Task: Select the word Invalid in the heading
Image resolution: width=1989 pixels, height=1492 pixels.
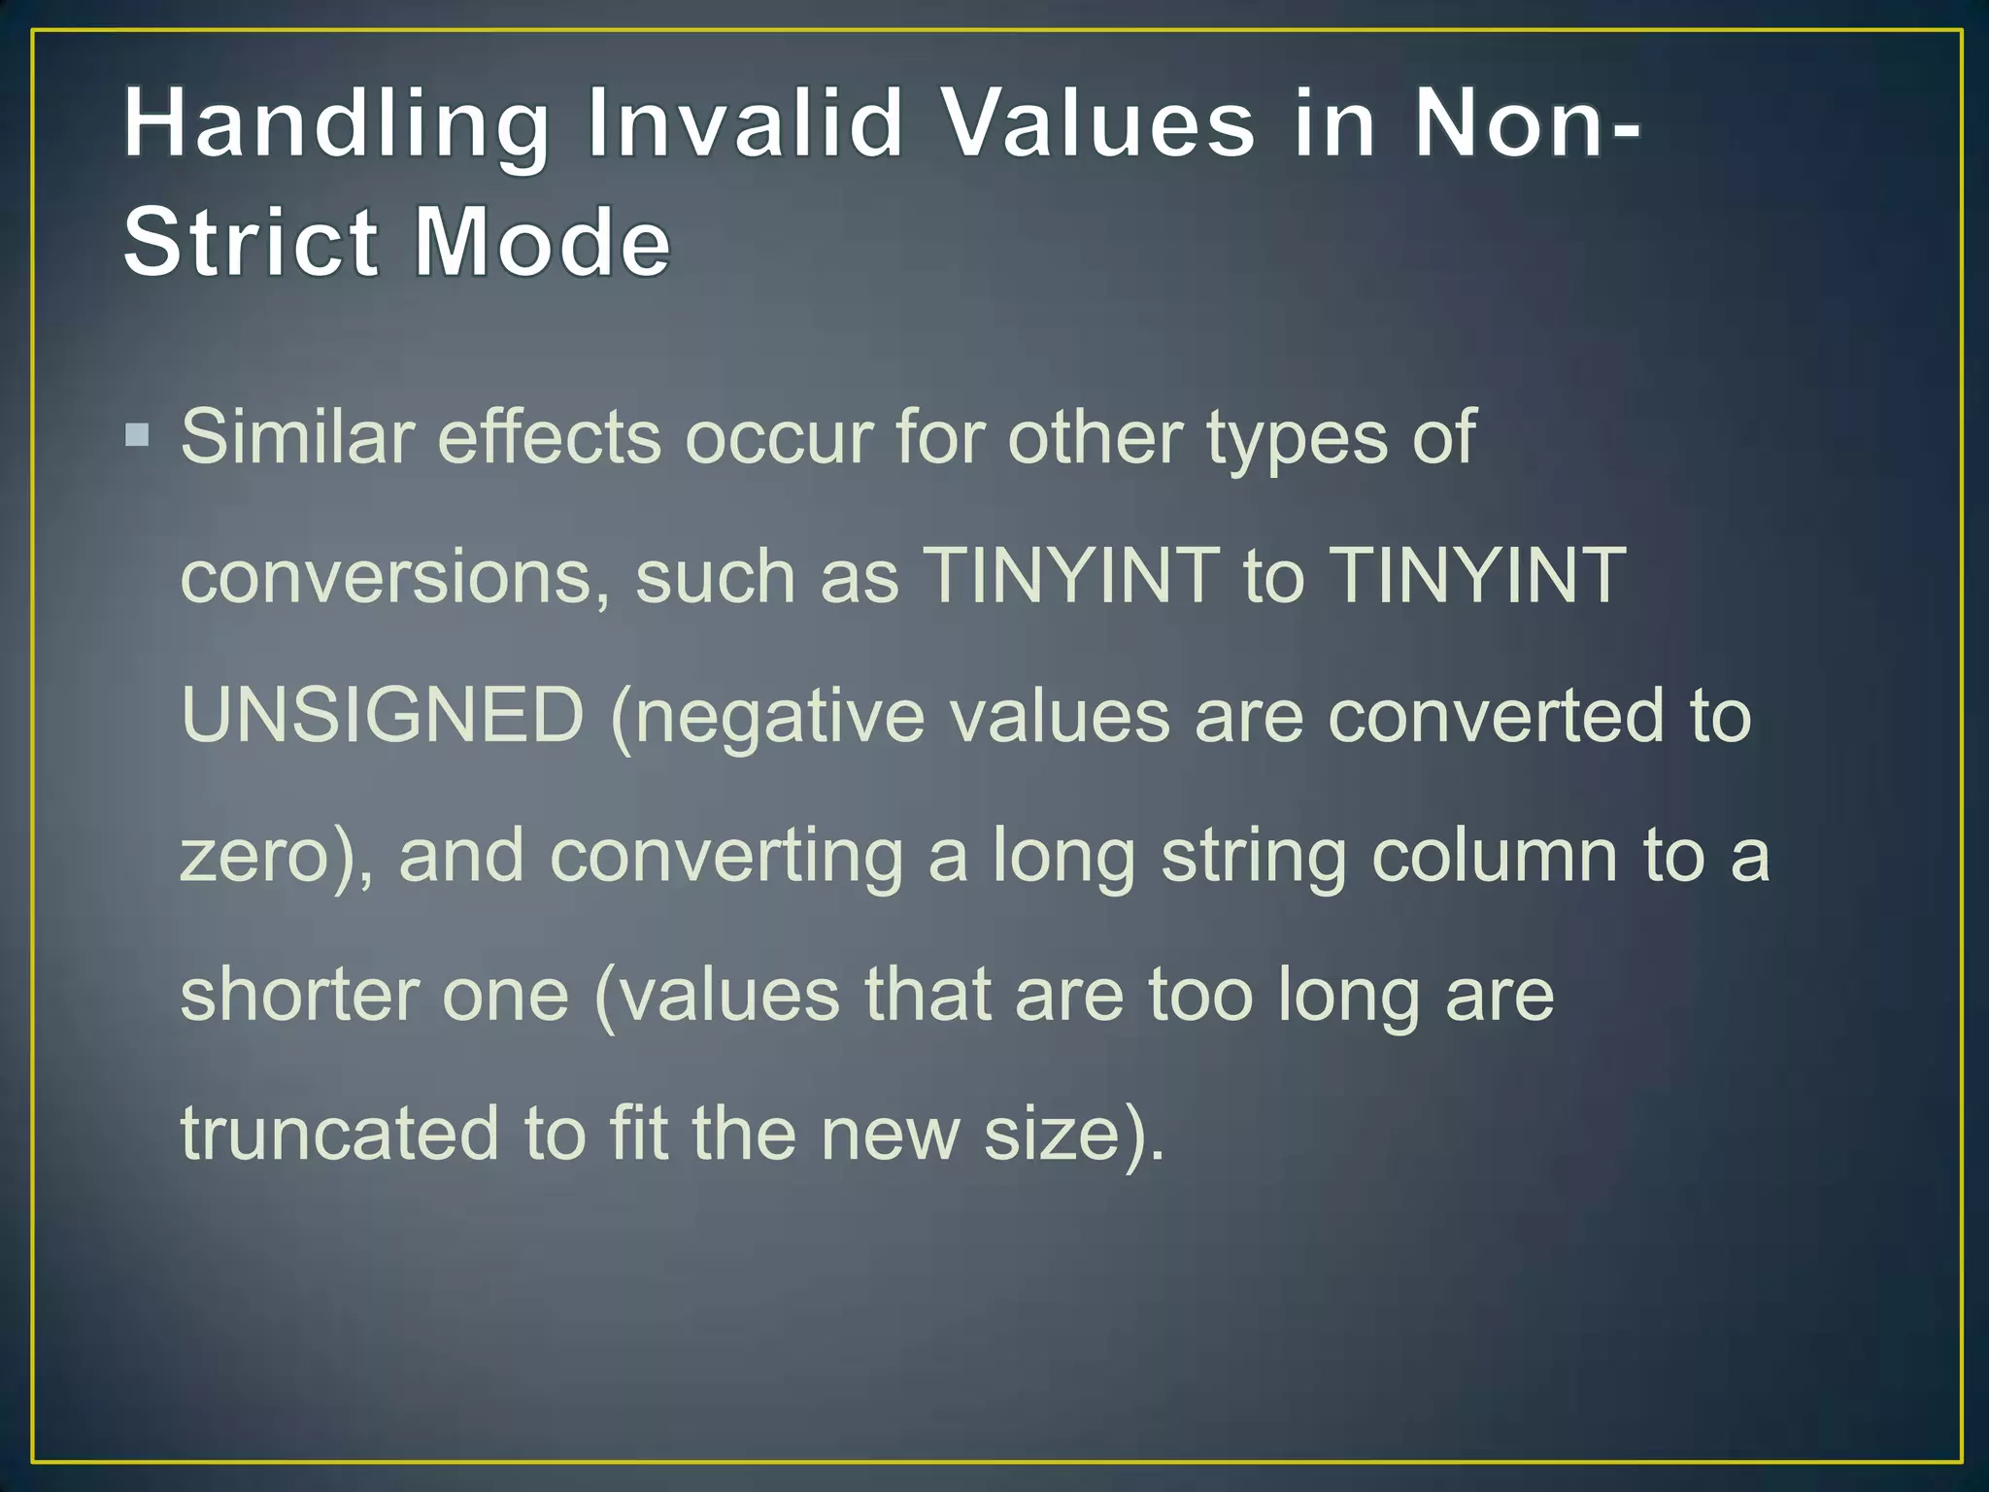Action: pos(745,124)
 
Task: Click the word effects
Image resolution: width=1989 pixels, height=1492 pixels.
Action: pos(549,437)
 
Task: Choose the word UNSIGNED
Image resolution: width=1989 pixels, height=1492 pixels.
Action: pos(383,716)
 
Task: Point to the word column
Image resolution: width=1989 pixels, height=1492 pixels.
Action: pos(1494,856)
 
